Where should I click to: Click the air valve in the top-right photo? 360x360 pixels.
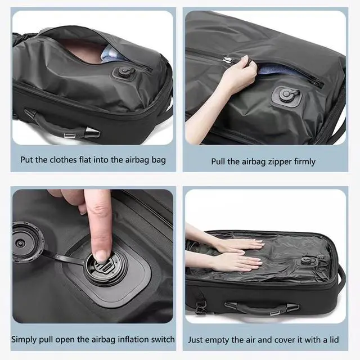286,94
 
